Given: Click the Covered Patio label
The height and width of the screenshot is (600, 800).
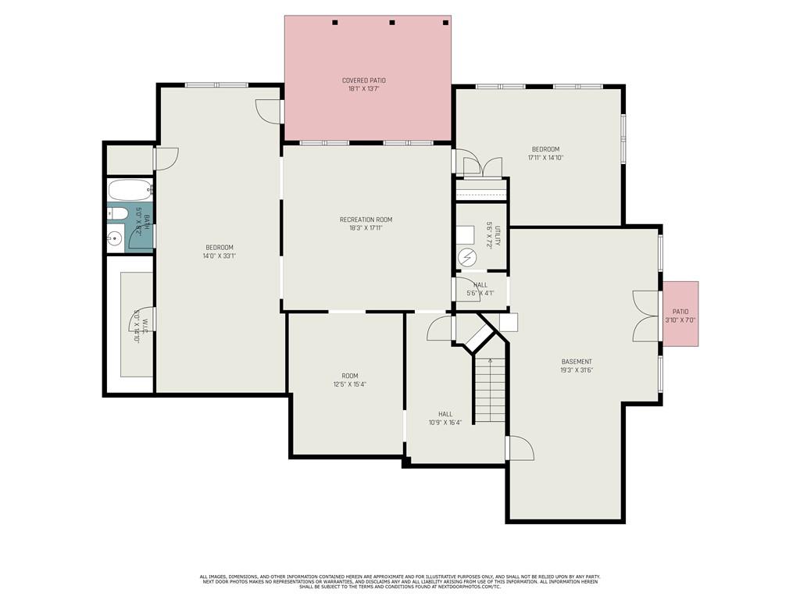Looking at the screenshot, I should click(363, 80).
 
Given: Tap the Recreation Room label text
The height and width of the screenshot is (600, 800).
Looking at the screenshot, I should click(366, 220).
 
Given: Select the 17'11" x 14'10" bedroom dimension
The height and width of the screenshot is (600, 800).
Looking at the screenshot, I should click(545, 158).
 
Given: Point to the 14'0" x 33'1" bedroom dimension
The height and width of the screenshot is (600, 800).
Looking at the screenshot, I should click(220, 255).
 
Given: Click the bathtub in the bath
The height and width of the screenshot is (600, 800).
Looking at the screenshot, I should click(129, 190).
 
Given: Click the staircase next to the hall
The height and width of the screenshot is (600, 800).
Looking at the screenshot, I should click(489, 388).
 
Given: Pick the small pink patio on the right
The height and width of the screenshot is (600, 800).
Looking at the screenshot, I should click(680, 314).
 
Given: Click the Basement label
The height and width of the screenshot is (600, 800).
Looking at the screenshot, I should click(577, 362).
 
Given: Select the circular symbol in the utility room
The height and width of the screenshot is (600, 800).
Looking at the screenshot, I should click(466, 256).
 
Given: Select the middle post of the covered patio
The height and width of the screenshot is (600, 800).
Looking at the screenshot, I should click(392, 22).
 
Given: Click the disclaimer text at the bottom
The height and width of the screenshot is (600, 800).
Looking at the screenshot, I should click(399, 581).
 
